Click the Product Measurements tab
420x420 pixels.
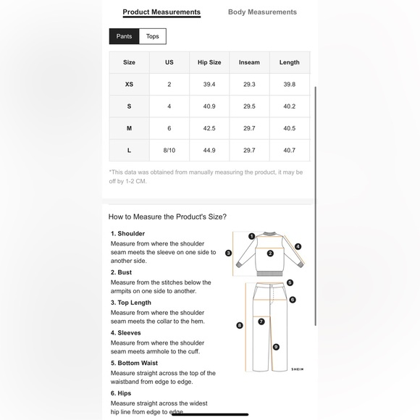tap(161, 12)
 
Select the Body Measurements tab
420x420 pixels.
tap(262, 12)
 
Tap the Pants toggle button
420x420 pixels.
tap(124, 36)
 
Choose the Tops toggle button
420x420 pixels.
tap(152, 36)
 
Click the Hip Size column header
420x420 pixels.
tap(209, 62)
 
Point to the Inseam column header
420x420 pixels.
tap(249, 62)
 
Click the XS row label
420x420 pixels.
tap(129, 85)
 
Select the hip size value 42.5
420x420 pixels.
tap(209, 128)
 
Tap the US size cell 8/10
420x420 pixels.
tap(169, 151)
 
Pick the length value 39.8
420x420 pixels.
tap(289, 85)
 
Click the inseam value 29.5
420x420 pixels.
tap(249, 106)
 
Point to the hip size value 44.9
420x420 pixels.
tap(209, 151)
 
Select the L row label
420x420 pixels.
tap(129, 151)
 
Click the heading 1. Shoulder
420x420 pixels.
tap(127, 234)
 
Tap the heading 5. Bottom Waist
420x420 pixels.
tap(134, 363)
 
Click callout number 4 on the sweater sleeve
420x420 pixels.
tap(298, 246)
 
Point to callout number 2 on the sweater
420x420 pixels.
tap(270, 253)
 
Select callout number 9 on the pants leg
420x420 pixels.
tap(276, 347)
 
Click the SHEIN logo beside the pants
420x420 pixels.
tap(298, 369)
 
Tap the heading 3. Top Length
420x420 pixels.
tap(131, 303)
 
